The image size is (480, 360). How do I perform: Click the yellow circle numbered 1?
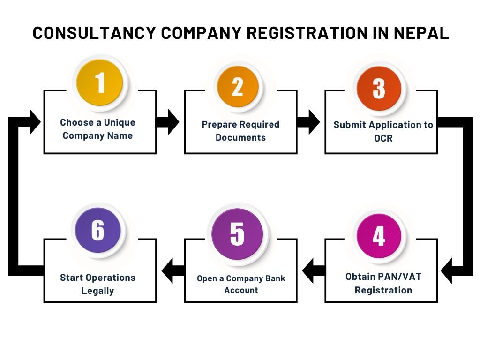tap(100, 82)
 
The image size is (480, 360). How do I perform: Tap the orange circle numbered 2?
tap(238, 87)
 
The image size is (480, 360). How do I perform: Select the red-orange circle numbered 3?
tap(379, 89)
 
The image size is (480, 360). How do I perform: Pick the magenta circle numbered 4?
tap(379, 236)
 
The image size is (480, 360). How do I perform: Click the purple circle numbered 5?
tap(237, 234)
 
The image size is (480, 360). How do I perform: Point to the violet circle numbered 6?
tap(98, 230)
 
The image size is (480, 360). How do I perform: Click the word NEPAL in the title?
tap(421, 33)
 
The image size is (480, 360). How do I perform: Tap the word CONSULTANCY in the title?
tap(94, 33)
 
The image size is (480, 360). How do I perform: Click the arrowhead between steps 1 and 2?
tap(173, 122)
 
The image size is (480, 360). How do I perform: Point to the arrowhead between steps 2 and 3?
tap(314, 122)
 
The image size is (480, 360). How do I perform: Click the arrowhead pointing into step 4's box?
tap(446, 271)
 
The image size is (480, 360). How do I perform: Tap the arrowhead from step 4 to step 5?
tap(307, 270)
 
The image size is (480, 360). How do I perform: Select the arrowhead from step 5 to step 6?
tap(167, 270)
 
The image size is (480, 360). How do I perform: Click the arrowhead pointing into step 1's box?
tap(35, 122)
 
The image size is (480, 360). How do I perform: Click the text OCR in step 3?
tap(383, 138)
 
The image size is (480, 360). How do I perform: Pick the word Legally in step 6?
tap(97, 291)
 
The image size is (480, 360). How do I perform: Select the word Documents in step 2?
tap(240, 137)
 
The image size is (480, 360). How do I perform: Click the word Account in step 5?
tap(241, 290)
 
